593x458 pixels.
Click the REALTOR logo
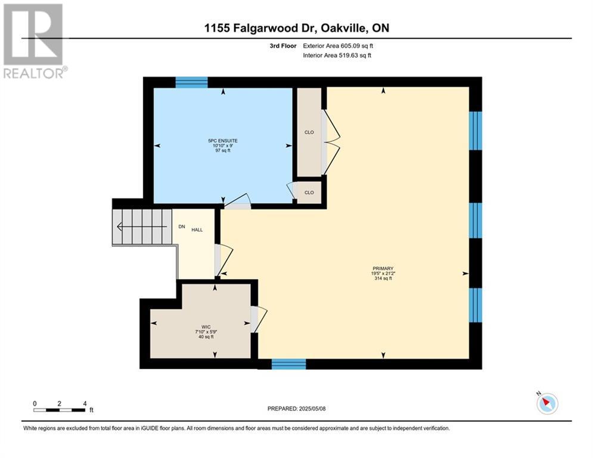click(x=35, y=41)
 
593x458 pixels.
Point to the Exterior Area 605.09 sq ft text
click(x=338, y=46)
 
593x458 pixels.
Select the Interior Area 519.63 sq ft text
click(x=337, y=55)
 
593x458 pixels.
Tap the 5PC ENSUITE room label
click(x=223, y=141)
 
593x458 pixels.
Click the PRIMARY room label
click(x=383, y=269)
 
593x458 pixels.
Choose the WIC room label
click(x=206, y=327)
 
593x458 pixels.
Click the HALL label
click(x=197, y=230)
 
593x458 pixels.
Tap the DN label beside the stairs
click(x=182, y=227)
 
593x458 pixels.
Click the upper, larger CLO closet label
click(x=309, y=132)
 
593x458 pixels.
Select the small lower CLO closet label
click(x=309, y=192)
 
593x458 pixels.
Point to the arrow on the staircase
click(x=142, y=227)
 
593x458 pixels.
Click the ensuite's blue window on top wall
click(x=192, y=82)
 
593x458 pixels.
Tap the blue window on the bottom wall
click(x=289, y=364)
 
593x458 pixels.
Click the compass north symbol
click(x=547, y=403)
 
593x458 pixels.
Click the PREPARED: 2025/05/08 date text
click(x=297, y=409)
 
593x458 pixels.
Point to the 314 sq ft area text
click(x=383, y=278)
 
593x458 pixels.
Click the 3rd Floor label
click(x=283, y=46)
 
